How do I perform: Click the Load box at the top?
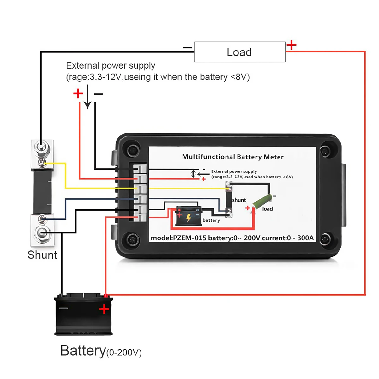click(240, 52)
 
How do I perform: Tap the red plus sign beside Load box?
click(291, 45)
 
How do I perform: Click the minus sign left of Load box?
click(188, 48)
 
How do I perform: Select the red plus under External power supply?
click(78, 93)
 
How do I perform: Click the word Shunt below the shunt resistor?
click(42, 255)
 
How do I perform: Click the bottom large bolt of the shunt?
click(41, 233)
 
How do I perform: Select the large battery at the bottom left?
click(83, 314)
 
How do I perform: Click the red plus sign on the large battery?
click(104, 309)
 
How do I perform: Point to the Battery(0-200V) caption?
click(101, 351)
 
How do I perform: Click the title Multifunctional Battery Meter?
click(233, 157)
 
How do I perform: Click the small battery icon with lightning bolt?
click(189, 216)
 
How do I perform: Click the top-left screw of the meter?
click(133, 150)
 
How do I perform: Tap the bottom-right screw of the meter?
click(324, 239)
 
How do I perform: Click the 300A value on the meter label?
click(305, 238)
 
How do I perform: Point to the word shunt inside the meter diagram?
click(239, 200)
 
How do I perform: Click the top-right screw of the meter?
click(324, 151)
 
